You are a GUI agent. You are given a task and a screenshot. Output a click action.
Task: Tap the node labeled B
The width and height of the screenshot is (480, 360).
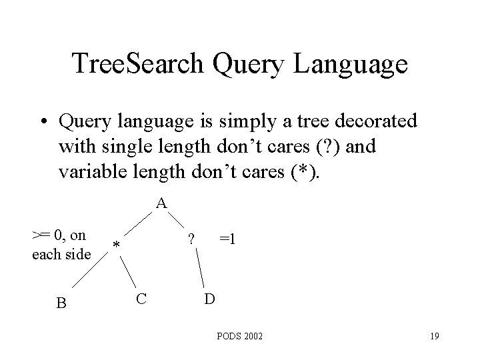tap(61, 303)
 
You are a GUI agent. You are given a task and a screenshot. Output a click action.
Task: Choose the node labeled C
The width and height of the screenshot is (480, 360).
tap(141, 298)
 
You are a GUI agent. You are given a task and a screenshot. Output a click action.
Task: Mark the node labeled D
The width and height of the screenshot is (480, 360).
tap(209, 299)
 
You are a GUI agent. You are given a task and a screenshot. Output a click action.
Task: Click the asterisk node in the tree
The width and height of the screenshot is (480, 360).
tap(116, 247)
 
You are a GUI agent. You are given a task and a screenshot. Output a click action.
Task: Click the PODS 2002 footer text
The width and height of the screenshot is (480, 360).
tap(240, 337)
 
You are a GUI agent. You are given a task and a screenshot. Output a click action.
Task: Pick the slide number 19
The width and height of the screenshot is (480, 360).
tap(434, 337)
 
